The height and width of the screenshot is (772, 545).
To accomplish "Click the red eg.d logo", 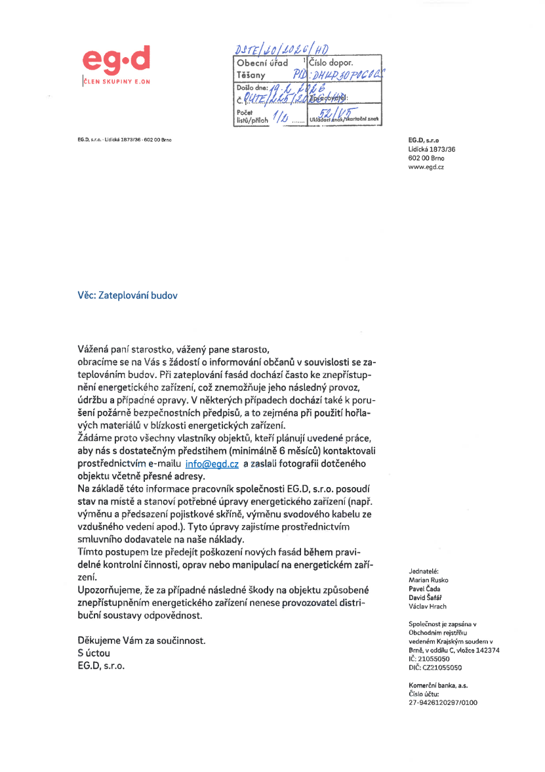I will (116, 60).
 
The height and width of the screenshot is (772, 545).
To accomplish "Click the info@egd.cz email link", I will (212, 463).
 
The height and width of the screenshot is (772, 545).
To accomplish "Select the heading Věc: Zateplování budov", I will (128, 295).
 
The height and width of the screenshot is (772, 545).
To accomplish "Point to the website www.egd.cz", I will (426, 167).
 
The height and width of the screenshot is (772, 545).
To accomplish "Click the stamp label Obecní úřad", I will (263, 63).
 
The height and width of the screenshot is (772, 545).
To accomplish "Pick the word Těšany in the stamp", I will (252, 75).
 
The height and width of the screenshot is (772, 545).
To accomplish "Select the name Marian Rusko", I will (429, 580).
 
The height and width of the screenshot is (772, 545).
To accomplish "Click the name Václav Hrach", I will (427, 607).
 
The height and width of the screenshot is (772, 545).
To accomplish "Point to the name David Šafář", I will (427, 598).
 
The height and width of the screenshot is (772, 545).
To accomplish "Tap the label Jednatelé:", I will (423, 572).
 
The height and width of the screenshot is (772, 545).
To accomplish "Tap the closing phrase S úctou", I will (94, 653).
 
